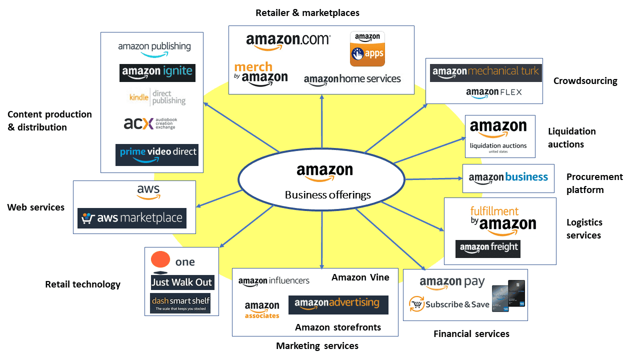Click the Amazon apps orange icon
[367, 49]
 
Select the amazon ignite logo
[157, 72]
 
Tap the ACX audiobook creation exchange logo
[150, 123]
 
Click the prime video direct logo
[157, 154]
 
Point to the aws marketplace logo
[132, 218]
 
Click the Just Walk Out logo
[182, 282]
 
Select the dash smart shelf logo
[180, 303]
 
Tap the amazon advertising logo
[338, 304]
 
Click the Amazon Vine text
[360, 277]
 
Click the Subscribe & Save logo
[448, 304]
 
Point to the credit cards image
[508, 296]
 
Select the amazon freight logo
[488, 248]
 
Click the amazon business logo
[508, 177]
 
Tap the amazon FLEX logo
[493, 92]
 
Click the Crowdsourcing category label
[585, 81]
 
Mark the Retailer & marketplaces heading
[307, 13]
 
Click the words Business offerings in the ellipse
[328, 195]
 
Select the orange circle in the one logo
[160, 260]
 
